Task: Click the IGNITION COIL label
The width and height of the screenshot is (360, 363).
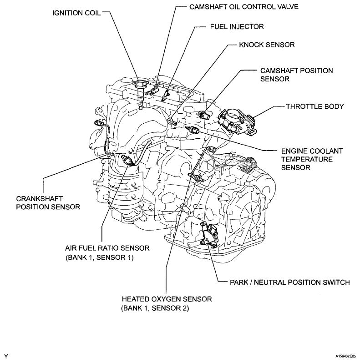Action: click(x=75, y=13)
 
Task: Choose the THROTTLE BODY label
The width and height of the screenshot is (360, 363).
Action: click(x=314, y=106)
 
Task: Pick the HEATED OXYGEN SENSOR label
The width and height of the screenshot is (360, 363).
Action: click(x=167, y=299)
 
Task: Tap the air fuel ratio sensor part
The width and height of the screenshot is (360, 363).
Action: click(x=127, y=160)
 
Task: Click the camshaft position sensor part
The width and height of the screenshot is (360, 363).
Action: click(x=203, y=114)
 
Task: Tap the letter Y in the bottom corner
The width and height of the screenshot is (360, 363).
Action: click(x=6, y=355)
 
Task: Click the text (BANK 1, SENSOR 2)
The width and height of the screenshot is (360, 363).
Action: click(x=154, y=308)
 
